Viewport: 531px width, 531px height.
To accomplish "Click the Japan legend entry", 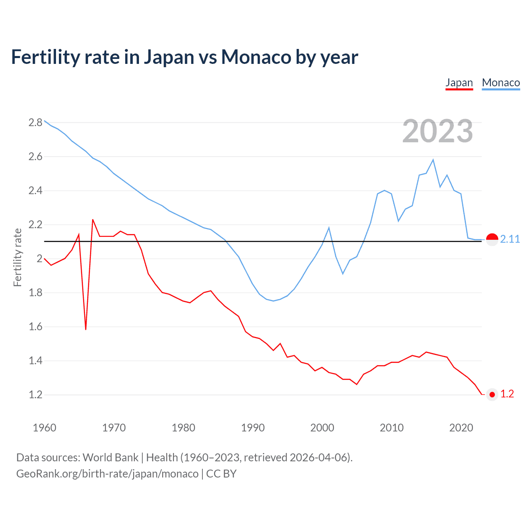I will pos(459,83).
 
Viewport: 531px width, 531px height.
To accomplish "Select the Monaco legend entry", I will pos(501,83).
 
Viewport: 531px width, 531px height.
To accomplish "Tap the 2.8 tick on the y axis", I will pos(35,122).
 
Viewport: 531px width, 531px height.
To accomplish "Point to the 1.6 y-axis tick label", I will pos(35,326).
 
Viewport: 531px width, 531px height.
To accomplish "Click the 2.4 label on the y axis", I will pos(35,190).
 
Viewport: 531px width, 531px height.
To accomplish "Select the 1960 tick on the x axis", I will pos(44,428).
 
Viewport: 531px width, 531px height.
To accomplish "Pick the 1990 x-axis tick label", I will pos(253,428).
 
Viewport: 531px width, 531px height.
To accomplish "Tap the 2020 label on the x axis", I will pos(461,428).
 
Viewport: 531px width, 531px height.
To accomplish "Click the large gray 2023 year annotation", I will pos(437,131).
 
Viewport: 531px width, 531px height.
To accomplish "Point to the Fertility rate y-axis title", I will pos(17,257).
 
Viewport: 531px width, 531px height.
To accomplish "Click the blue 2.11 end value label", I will pos(510,239).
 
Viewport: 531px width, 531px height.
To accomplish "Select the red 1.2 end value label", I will pos(507,394).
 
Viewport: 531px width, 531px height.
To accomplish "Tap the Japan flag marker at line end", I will pos(492,395).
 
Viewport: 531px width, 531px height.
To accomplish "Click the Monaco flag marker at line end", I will pos(492,239).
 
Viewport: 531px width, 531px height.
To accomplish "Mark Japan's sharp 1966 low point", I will pos(86,329).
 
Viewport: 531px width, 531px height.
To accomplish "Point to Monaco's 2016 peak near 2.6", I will pos(433,160).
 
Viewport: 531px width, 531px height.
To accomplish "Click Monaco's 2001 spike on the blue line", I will pos(329,228).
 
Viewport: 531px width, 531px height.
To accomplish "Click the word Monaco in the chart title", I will pos(256,57).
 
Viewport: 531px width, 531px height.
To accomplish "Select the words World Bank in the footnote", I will pos(110,457).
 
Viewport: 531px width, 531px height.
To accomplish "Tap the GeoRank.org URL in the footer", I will pos(107,474).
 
